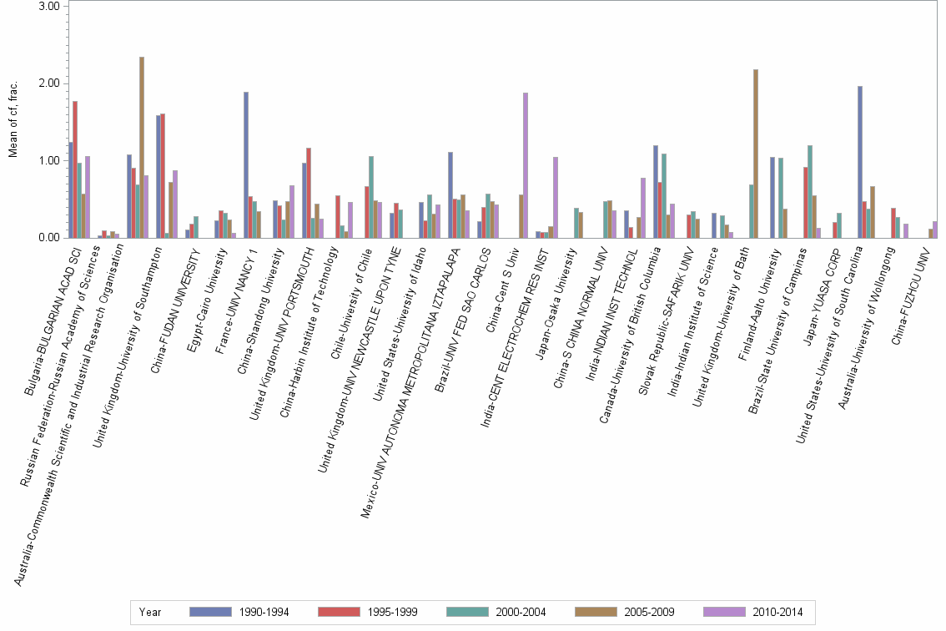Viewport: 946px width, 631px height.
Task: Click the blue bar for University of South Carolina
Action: (x=860, y=162)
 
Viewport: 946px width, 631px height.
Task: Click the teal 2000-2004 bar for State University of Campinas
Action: (x=810, y=192)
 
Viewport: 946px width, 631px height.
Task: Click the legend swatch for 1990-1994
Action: (x=212, y=612)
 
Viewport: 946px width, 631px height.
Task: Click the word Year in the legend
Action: (x=151, y=612)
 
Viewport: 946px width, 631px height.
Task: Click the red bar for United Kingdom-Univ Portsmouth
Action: (x=309, y=193)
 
